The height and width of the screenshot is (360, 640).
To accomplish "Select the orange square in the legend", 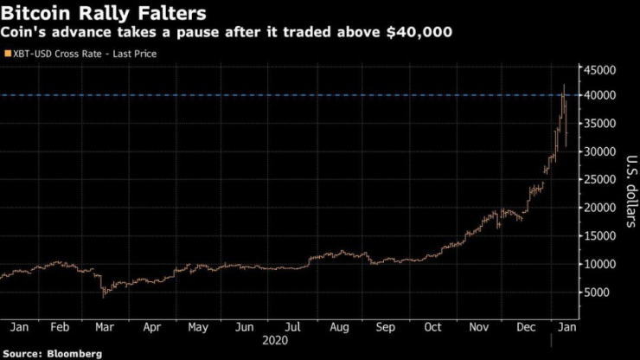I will click(x=9, y=54).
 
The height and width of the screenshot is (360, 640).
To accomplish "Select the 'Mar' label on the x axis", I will click(x=103, y=327).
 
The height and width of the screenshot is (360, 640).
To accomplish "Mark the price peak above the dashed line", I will click(x=564, y=85).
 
